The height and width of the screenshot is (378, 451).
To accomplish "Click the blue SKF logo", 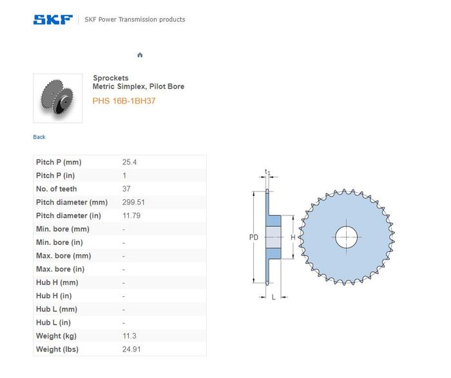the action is coord(53,19).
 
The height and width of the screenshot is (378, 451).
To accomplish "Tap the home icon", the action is coord(140,55).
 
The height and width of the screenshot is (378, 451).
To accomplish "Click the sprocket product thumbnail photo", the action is coord(58,98).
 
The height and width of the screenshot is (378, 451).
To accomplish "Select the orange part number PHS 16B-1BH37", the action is coord(124,101).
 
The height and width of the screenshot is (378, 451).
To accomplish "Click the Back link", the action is coord(39,137).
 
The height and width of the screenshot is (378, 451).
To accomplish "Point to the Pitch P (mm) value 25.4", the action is coord(130,162).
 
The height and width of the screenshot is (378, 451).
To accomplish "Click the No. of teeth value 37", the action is coord(126,189).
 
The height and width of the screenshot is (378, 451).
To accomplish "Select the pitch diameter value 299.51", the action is coord(133,203).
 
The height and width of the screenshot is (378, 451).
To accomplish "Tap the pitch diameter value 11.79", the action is coord(131,215).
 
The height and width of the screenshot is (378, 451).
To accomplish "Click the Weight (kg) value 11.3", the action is coord(130,336).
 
